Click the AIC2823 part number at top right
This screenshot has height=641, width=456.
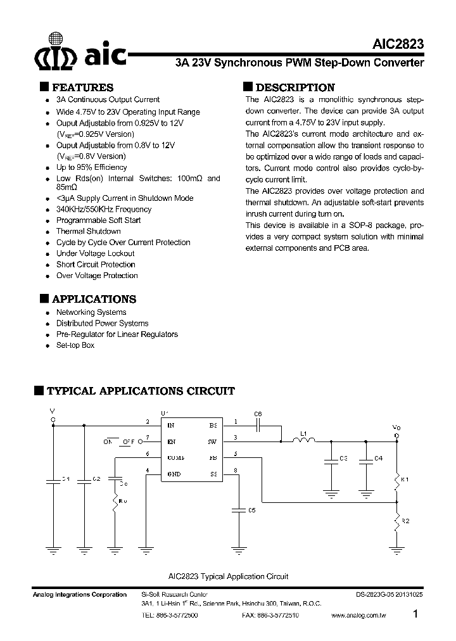(398, 46)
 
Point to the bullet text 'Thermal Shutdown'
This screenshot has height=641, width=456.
(88, 231)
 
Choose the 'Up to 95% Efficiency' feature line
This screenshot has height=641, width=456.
(91, 167)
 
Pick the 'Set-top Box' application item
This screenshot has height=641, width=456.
(75, 345)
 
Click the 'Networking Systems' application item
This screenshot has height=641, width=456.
(91, 312)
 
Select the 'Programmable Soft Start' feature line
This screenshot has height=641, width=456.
(98, 220)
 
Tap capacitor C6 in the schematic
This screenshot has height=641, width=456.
(258, 426)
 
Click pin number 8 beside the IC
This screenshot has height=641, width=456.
(236, 470)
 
